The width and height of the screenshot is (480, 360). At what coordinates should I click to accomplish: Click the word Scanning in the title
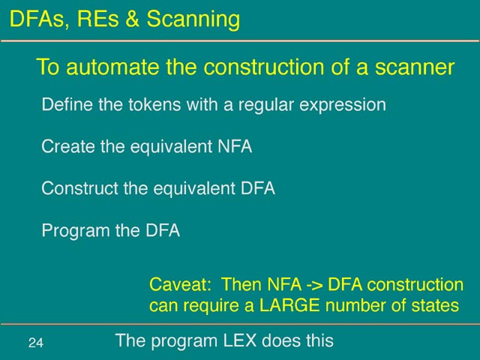tap(193, 19)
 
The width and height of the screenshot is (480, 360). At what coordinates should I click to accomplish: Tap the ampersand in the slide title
tap(132, 19)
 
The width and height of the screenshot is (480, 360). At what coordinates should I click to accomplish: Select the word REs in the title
tap(97, 19)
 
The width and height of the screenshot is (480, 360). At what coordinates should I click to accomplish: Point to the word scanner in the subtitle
tap(415, 67)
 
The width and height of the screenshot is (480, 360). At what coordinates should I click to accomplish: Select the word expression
tap(343, 106)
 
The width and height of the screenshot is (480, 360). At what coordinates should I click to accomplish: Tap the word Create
tap(68, 146)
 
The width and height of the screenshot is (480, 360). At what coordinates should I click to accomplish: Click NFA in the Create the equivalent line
tap(235, 146)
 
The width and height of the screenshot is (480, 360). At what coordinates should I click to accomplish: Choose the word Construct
tap(79, 188)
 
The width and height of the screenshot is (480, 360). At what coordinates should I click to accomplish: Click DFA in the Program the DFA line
tap(163, 230)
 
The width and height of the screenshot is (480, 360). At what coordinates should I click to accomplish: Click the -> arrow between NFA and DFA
tap(314, 285)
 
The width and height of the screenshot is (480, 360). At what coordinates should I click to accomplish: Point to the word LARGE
tap(289, 305)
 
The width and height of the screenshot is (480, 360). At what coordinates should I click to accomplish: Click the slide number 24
tap(36, 343)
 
